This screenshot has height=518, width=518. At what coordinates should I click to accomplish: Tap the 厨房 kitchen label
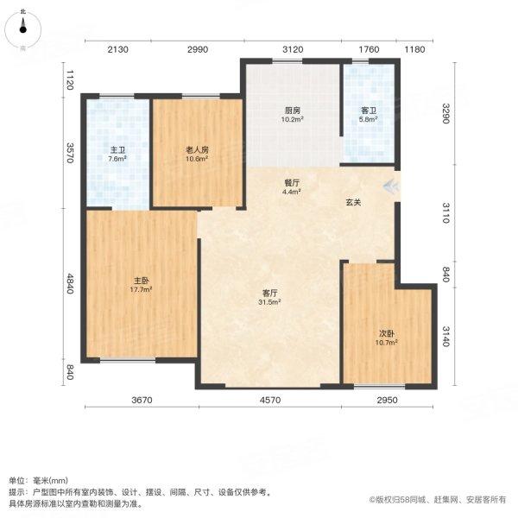(293, 111)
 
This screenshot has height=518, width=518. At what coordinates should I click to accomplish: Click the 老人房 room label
(197, 149)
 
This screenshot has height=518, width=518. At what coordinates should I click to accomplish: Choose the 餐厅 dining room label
(292, 182)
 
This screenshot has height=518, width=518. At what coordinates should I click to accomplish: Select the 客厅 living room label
(269, 293)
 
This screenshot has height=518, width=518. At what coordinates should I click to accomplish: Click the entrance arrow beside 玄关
(391, 185)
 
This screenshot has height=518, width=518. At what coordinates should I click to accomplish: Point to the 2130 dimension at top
(117, 49)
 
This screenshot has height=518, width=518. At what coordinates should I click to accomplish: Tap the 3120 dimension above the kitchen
(293, 49)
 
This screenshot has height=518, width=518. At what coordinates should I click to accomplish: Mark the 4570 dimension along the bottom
(270, 400)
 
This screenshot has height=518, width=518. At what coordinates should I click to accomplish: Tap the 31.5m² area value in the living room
(269, 302)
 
